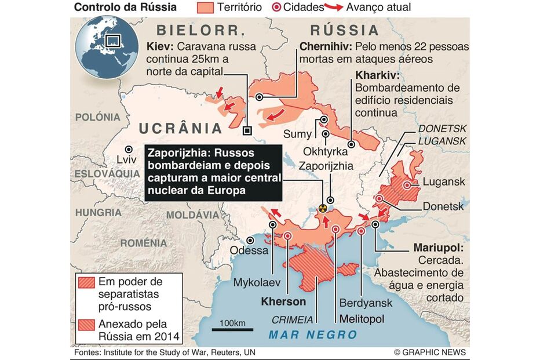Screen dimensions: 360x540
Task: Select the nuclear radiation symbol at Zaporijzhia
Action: tap(323, 207)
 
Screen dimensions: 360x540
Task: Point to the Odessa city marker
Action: tap(250, 240)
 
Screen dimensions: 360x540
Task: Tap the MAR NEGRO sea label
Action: tap(313, 334)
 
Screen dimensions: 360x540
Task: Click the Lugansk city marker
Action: tap(407, 185)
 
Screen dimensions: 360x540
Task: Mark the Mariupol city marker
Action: tap(375, 223)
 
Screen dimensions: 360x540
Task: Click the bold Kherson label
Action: tap(283, 301)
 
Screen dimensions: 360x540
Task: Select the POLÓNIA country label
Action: tap(97, 117)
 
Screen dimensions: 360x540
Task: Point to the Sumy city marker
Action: tap(323, 121)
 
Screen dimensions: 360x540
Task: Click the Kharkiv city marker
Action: tap(351, 144)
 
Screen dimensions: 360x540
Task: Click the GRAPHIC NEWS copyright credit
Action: tap(429, 352)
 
